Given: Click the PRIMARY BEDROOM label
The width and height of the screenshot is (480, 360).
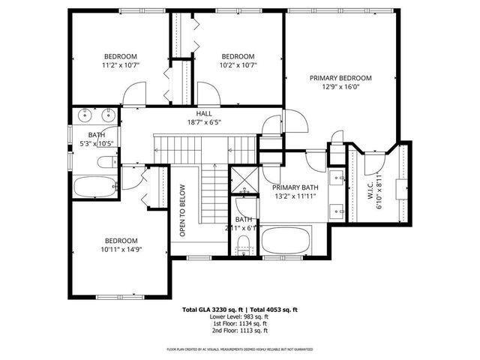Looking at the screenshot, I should coord(341,77).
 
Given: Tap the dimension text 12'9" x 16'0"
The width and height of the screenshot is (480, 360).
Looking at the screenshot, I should coord(341,86).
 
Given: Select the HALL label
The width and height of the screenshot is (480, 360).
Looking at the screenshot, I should coord(204,113).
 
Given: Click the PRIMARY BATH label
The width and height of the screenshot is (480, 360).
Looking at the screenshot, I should coord(292,188).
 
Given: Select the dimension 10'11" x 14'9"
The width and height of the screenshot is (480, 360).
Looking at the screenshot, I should coord(120,250).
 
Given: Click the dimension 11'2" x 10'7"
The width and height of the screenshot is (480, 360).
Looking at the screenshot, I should coord(120,65).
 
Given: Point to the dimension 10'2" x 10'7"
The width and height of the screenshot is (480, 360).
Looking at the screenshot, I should coord(237,65).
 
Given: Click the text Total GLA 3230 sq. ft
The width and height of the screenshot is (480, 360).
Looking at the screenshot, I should coord(212,310).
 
